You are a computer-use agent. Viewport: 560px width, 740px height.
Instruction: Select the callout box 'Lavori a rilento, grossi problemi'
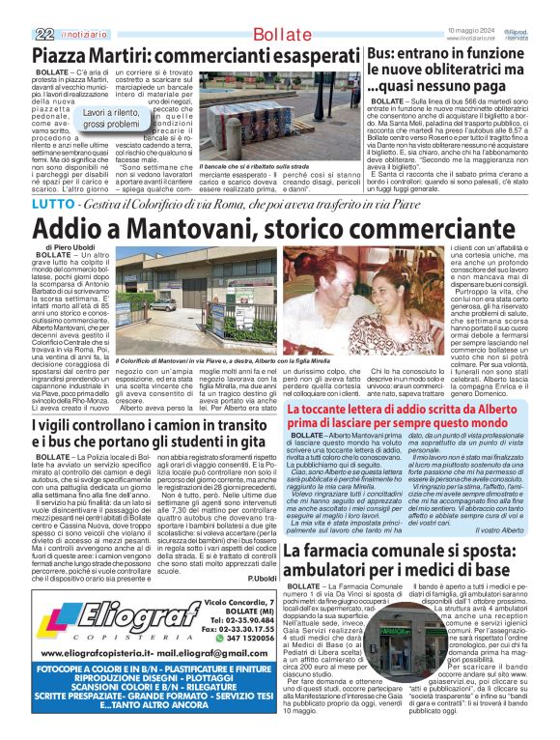[112, 119]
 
